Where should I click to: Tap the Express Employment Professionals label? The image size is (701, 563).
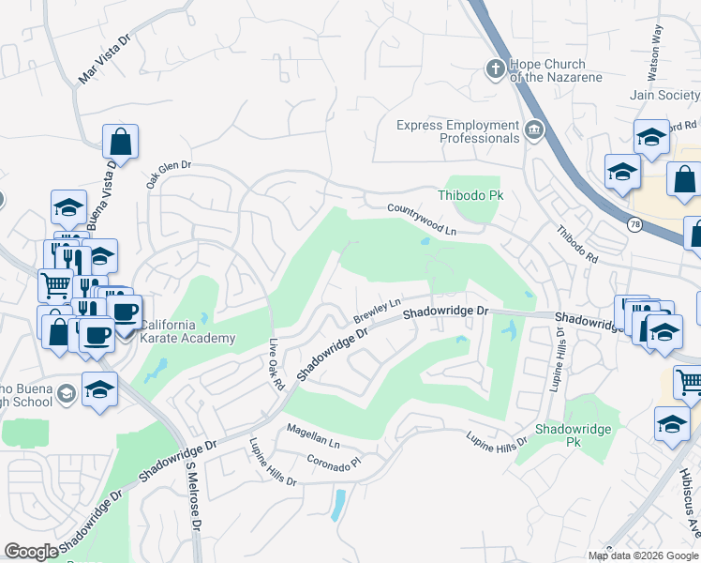[x=457, y=131]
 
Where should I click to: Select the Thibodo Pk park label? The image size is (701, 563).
[x=470, y=195]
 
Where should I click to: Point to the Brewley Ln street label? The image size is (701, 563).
[x=377, y=312]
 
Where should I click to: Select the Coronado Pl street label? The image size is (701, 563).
[x=335, y=462]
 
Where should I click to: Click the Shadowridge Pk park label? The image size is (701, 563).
[x=573, y=435]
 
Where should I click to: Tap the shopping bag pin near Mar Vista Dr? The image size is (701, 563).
[x=120, y=143]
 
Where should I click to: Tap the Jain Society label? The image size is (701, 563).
[x=664, y=95]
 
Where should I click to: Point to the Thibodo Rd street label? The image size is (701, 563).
[x=577, y=243]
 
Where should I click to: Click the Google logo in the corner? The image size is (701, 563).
[x=31, y=552]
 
